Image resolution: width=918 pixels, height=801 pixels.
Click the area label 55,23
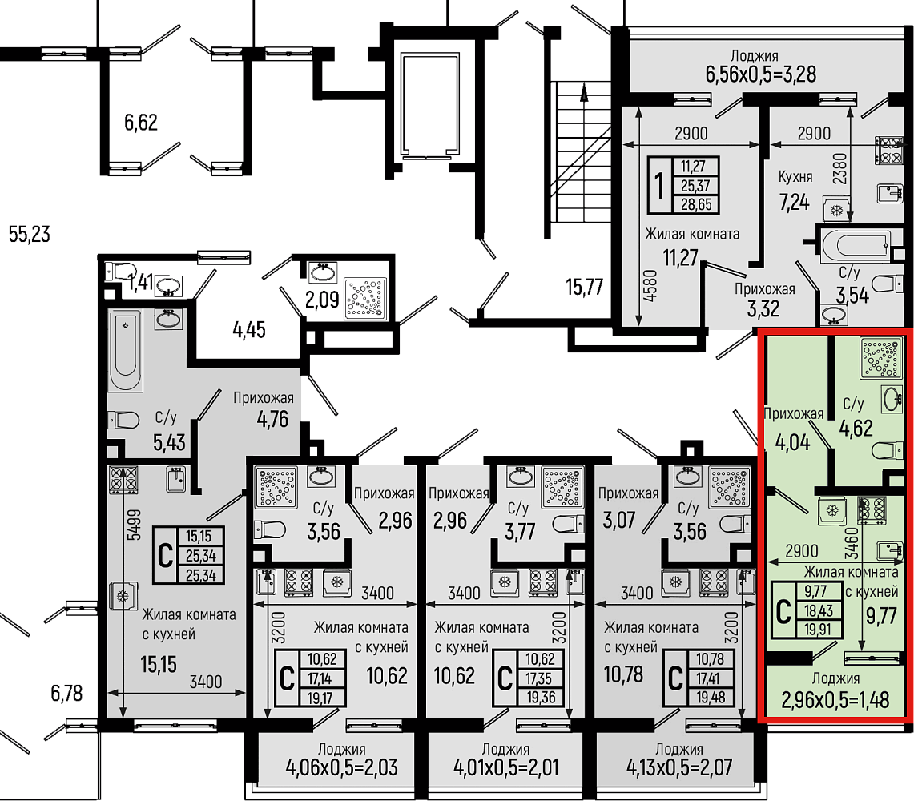pyautogui.click(x=30, y=234)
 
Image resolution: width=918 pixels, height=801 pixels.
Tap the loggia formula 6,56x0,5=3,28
pyautogui.click(x=760, y=74)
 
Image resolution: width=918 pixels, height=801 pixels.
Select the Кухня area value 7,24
pyautogui.click(x=794, y=203)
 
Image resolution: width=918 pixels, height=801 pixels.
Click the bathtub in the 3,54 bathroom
pyautogui.click(x=856, y=246)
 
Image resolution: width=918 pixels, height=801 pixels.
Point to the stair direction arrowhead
pyautogui.click(x=584, y=91)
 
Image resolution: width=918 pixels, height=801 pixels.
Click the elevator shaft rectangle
pyautogui.click(x=430, y=106)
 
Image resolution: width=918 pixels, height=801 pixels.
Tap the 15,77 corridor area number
pyautogui.click(x=584, y=287)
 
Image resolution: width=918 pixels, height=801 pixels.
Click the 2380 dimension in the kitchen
pyautogui.click(x=840, y=169)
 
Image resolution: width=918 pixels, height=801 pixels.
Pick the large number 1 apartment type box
pyautogui.click(x=660, y=185)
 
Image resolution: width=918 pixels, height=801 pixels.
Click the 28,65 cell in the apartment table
pyautogui.click(x=696, y=204)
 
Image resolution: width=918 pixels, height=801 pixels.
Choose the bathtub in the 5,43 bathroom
pyautogui.click(x=125, y=350)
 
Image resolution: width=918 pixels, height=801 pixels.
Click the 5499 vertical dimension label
pyautogui.click(x=134, y=525)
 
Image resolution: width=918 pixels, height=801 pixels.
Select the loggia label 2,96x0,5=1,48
pyautogui.click(x=835, y=700)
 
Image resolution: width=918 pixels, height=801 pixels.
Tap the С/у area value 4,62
pyautogui.click(x=856, y=429)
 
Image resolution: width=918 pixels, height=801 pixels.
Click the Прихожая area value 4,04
pyautogui.click(x=793, y=443)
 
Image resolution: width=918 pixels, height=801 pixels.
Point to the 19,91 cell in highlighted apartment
pyautogui.click(x=819, y=630)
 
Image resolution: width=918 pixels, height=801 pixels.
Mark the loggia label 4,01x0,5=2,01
pyautogui.click(x=505, y=767)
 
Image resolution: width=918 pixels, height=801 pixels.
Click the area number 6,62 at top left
pyautogui.click(x=140, y=123)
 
